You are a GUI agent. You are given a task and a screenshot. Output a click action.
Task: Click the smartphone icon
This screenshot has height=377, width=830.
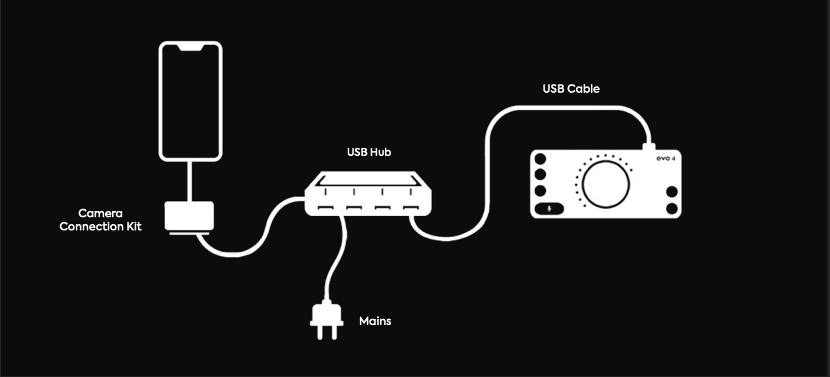coord(190,101)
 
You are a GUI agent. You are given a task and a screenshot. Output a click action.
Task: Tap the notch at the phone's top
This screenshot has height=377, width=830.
coord(190,48)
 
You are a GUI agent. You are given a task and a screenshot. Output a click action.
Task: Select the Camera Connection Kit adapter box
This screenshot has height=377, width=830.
coord(189,216)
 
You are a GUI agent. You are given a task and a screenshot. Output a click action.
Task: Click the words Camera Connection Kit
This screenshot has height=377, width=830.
coord(100,220)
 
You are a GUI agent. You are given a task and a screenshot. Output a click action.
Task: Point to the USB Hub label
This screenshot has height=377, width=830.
coord(369,152)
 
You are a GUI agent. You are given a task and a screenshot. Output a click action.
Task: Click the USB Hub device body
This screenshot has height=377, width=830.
coord(368,194)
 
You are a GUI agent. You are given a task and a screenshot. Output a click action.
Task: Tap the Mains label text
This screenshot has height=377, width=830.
coord(375,321)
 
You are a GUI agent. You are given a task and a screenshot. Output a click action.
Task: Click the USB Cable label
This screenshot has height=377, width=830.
coord(571,88)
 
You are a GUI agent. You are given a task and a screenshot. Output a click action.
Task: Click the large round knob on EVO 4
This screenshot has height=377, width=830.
coord(605,184)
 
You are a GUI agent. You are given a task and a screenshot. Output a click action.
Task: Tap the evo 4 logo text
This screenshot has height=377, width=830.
coord(666,158)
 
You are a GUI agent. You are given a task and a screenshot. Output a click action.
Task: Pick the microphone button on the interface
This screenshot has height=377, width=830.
coord(550,209)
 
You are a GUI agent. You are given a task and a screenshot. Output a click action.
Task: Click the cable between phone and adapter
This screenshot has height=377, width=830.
coord(189,181)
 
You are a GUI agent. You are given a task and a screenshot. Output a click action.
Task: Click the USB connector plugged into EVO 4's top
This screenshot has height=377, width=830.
coord(648,147)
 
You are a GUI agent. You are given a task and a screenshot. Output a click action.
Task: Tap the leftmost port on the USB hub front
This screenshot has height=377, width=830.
coord(325,207)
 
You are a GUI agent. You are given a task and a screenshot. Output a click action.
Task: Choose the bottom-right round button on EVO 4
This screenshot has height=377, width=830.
coord(672,209)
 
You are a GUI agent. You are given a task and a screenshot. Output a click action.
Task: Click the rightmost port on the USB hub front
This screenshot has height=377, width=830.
coord(411,207)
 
